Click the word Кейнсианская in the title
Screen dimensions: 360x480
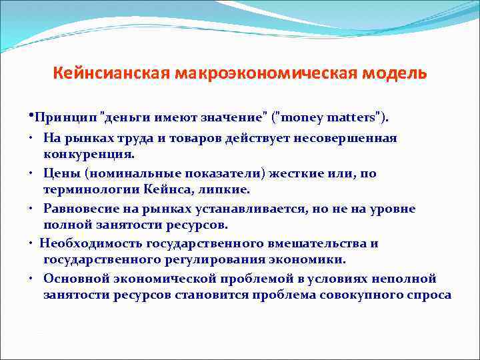(x=112, y=72)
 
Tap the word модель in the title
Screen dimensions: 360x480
(x=399, y=72)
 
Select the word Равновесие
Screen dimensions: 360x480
(x=81, y=209)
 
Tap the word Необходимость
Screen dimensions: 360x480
(x=84, y=243)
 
